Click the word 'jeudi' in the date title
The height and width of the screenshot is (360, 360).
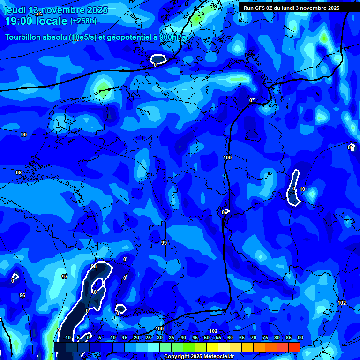(x=15, y=10)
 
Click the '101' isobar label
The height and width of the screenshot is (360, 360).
(x=303, y=189)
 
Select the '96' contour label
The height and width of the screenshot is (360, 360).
(x=22, y=295)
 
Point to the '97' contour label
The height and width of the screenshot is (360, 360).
(x=65, y=277)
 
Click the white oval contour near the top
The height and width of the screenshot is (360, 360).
(x=158, y=59)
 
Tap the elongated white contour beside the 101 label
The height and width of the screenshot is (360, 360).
(x=294, y=187)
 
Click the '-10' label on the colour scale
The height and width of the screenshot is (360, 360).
(x=67, y=338)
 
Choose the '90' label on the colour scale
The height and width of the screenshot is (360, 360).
(x=300, y=338)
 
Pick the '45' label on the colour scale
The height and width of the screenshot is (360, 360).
(x=195, y=338)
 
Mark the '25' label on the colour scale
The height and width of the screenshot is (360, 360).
(x=148, y=338)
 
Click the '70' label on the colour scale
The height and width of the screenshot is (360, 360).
(x=253, y=338)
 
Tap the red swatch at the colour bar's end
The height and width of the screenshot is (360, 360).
(x=294, y=347)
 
